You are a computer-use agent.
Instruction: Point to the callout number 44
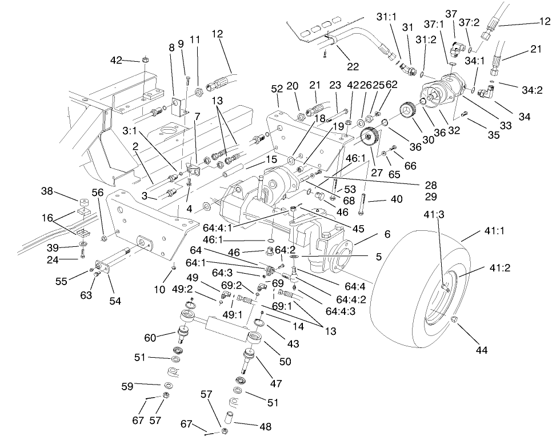482,350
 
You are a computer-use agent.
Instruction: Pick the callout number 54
115,301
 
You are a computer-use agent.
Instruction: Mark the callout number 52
277,89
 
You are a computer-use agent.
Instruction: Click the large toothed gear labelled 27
372,140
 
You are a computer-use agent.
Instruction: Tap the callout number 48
265,426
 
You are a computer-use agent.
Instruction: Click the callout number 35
493,135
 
